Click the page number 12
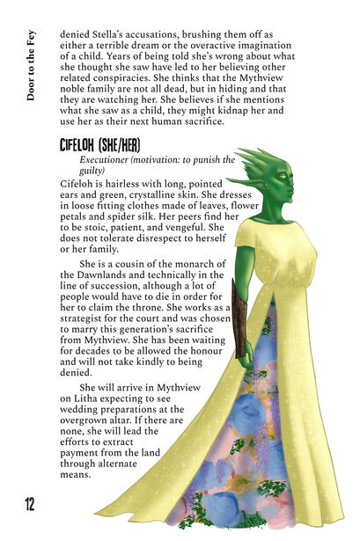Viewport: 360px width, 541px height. pos(30,504)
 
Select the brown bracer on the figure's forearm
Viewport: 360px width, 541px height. pos(239,317)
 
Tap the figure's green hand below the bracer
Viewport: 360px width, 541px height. pos(246,355)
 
